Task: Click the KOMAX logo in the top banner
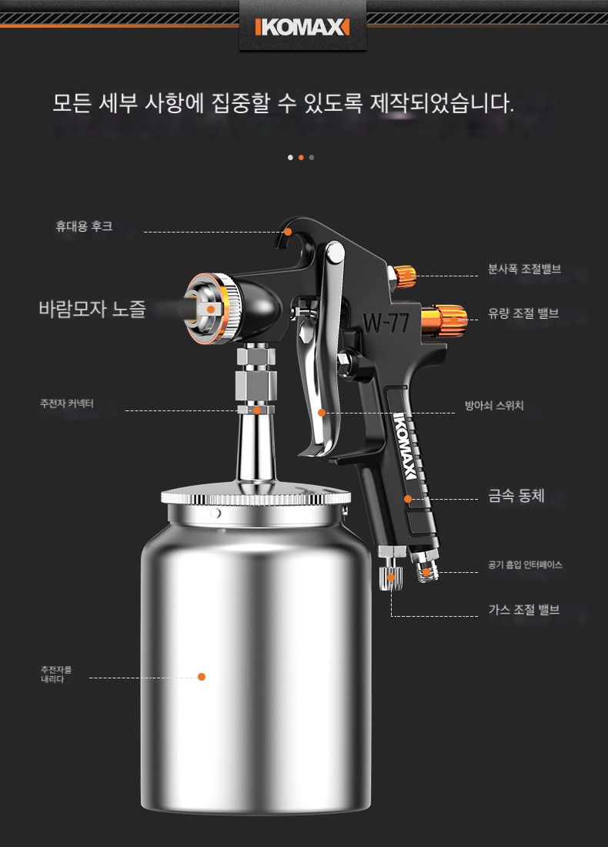[x=302, y=26]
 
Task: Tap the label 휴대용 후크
[x=84, y=226]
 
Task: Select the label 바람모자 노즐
[x=92, y=309]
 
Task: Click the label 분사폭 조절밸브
[x=524, y=269]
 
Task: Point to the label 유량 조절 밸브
[x=523, y=313]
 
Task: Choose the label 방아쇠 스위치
[x=494, y=405]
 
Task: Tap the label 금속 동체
[x=516, y=495]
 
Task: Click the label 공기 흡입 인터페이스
[x=525, y=564]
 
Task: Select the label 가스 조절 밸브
[x=524, y=609]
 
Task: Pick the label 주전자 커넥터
[x=67, y=403]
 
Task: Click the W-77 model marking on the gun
[x=386, y=323]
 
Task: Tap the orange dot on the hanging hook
[x=288, y=232]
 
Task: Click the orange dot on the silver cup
[x=202, y=676]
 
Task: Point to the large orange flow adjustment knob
[x=444, y=320]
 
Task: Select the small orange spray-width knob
[x=404, y=276]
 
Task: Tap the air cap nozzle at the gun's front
[x=211, y=309]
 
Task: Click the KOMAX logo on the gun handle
[x=405, y=446]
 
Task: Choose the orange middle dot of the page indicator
[x=301, y=157]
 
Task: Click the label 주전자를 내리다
[x=56, y=675]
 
